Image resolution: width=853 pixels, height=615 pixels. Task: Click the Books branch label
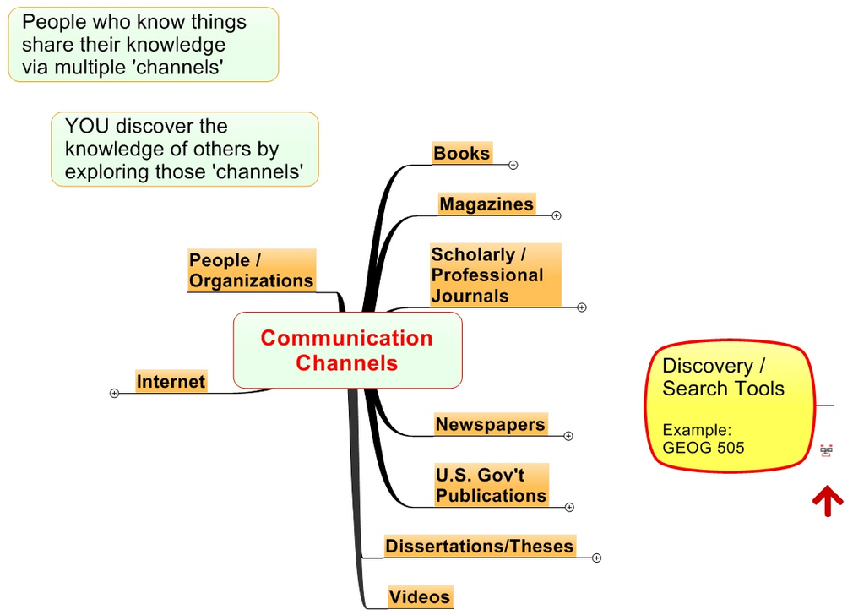pos(461,153)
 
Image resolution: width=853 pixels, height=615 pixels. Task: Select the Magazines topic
pos(486,204)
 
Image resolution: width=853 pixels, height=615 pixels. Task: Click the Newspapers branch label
pos(490,424)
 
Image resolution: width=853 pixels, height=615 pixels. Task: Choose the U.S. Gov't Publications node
pos(491,485)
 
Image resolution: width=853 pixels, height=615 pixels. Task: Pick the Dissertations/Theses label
pos(479,546)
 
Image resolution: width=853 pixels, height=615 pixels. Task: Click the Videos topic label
pos(419,596)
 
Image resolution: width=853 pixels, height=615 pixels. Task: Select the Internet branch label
pos(171,382)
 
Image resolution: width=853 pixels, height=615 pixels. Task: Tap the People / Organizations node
pos(251,270)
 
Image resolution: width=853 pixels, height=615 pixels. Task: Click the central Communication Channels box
pos(347,350)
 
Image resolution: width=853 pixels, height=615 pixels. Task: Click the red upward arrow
pos(828,500)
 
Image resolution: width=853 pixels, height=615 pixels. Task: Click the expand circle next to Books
pos(513,166)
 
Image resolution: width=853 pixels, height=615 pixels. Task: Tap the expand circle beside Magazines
pos(557,215)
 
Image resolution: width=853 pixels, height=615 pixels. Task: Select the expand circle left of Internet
pos(115,393)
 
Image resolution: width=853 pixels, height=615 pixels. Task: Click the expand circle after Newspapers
pos(568,436)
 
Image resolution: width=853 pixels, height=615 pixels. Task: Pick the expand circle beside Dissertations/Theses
pos(597,558)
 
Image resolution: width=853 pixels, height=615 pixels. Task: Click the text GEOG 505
pos(704,448)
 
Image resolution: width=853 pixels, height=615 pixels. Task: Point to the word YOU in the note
pos(87,127)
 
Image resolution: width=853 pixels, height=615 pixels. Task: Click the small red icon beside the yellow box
pos(826,451)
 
